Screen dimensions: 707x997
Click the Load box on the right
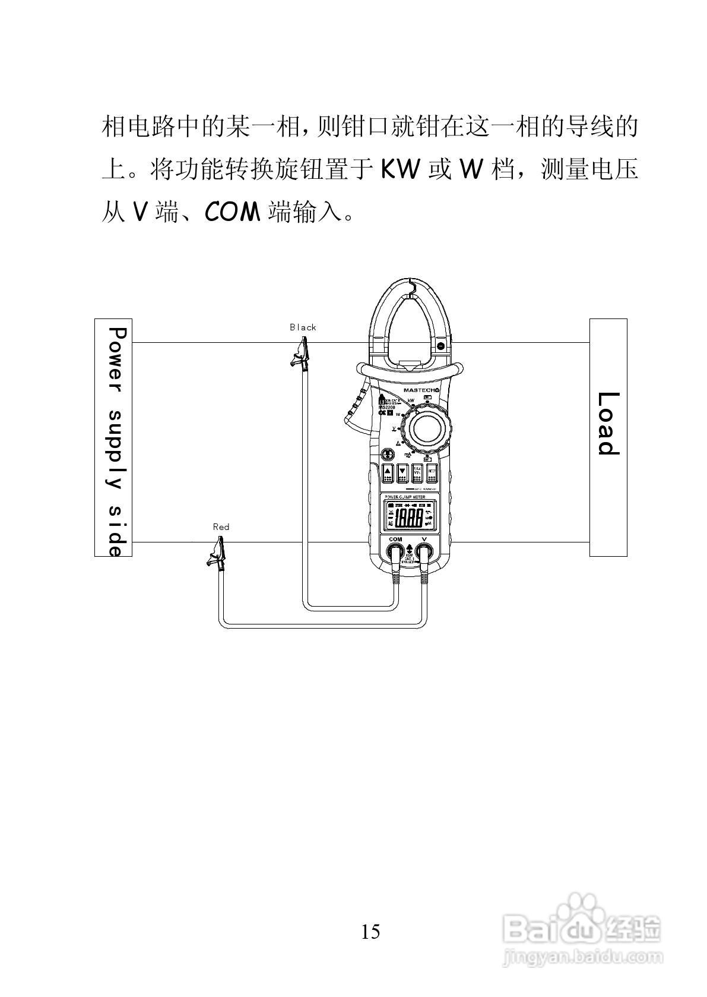[x=608, y=437]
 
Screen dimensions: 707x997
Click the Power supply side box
[x=113, y=437]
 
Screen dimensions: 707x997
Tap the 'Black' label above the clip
[x=303, y=327]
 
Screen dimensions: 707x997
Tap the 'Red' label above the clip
[x=221, y=526]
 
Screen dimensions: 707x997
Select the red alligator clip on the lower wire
[x=217, y=552]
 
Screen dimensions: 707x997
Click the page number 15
[x=370, y=931]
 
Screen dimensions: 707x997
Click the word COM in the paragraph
[x=232, y=212]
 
